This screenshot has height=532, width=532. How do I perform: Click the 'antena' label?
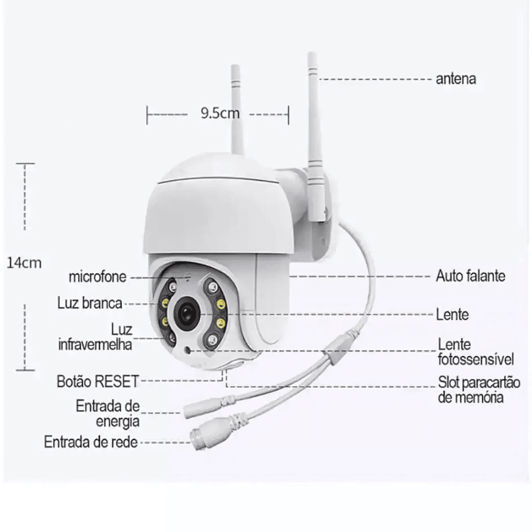(456, 79)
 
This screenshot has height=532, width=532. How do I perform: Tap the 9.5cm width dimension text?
(220, 113)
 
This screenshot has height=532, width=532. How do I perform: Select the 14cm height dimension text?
(24, 263)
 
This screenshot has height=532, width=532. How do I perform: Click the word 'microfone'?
(98, 277)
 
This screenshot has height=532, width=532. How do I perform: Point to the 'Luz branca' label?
(90, 303)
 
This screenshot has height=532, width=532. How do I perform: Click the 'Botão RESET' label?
(98, 381)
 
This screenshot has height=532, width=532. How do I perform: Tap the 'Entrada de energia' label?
(108, 414)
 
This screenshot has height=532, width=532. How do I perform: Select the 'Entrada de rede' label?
(91, 442)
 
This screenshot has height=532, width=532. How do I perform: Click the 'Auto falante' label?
(470, 276)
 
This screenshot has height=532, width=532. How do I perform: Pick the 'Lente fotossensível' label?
(476, 352)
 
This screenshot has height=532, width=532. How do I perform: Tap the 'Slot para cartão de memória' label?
(479, 390)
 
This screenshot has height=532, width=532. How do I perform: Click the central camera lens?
(187, 313)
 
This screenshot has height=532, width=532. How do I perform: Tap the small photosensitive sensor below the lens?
(187, 349)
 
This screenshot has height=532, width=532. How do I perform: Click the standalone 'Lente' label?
(452, 314)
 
